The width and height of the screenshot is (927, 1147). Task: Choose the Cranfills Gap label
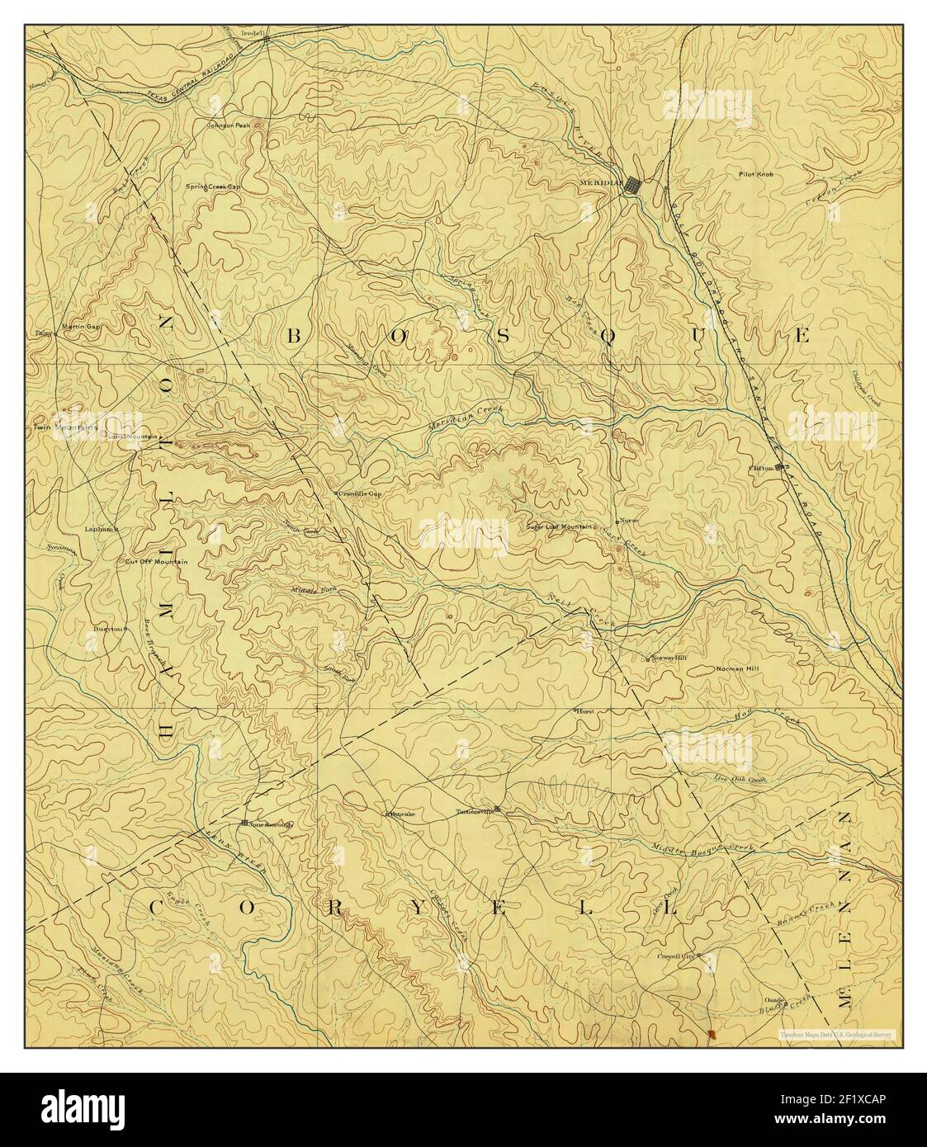point(360,493)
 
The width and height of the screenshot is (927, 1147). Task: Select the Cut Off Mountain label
point(156,562)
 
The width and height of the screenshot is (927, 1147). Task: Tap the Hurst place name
point(584,710)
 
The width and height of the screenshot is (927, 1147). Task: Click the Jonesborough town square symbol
point(244,823)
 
